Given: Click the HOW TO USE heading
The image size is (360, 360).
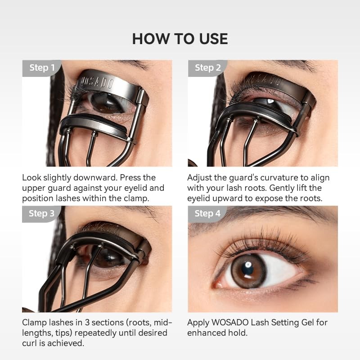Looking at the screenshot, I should pos(180,39).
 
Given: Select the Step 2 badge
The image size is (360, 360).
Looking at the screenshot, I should pos(207,68).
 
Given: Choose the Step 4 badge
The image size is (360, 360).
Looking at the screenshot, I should pos(207,213).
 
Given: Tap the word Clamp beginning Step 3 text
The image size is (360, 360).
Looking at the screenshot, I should pos(34,322).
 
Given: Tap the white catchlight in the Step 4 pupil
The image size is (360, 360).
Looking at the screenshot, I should pos(247,265).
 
